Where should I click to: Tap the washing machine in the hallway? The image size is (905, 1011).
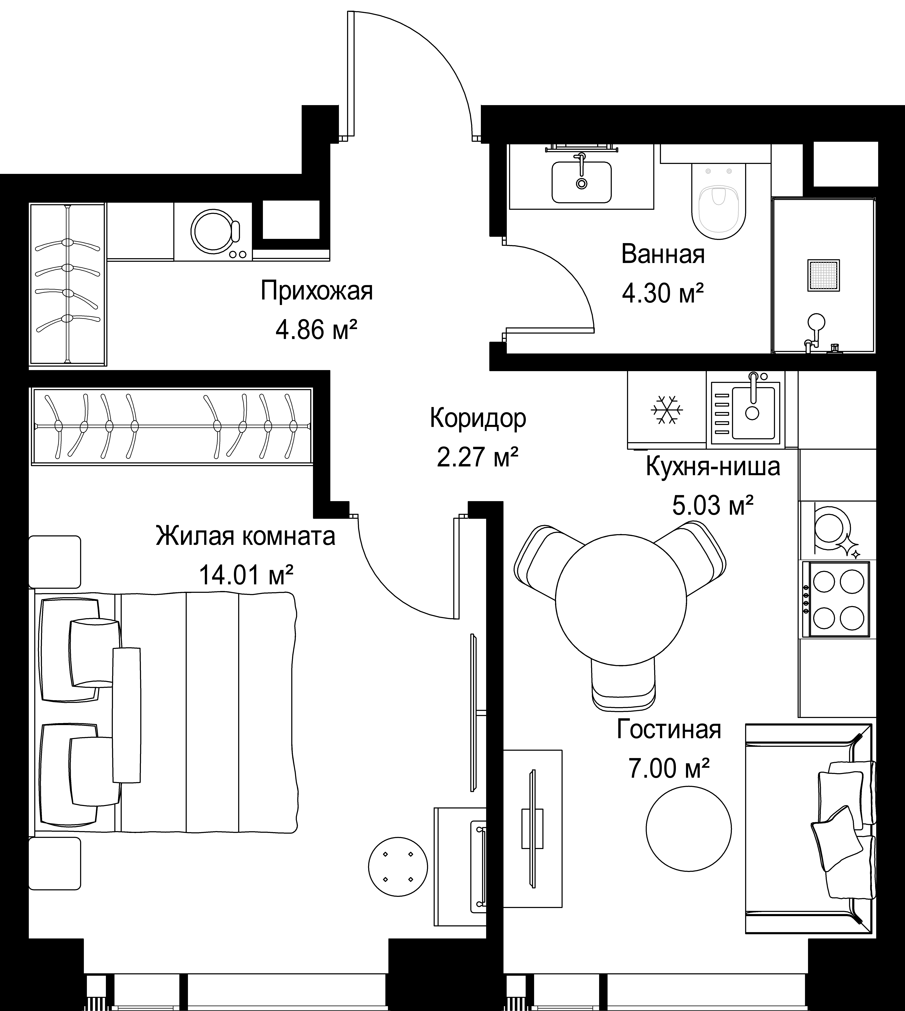(x=213, y=231)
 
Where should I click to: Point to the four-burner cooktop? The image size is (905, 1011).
(x=836, y=599)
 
